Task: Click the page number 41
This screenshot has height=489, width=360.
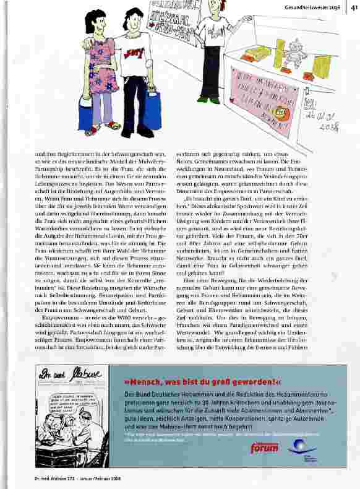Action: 353,7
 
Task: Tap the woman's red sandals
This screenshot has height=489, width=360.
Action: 102,129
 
